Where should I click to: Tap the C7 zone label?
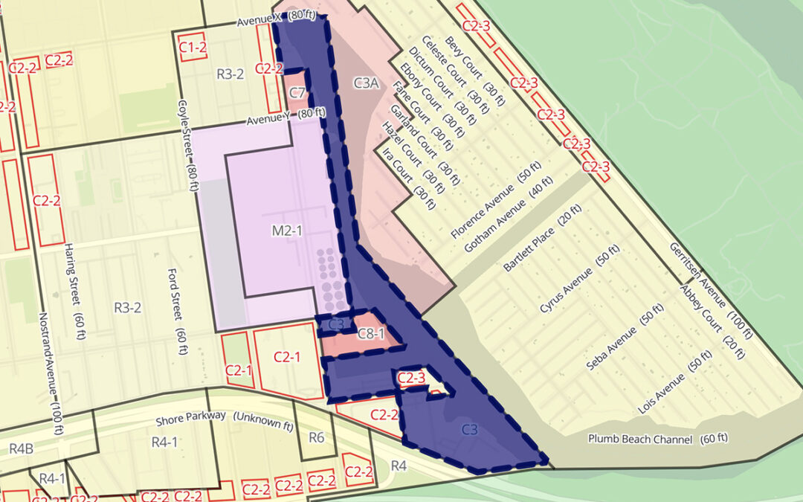[297, 93]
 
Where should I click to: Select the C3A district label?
[367, 83]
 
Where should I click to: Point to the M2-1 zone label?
[286, 232]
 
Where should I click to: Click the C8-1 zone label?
[371, 333]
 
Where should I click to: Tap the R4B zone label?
[21, 448]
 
